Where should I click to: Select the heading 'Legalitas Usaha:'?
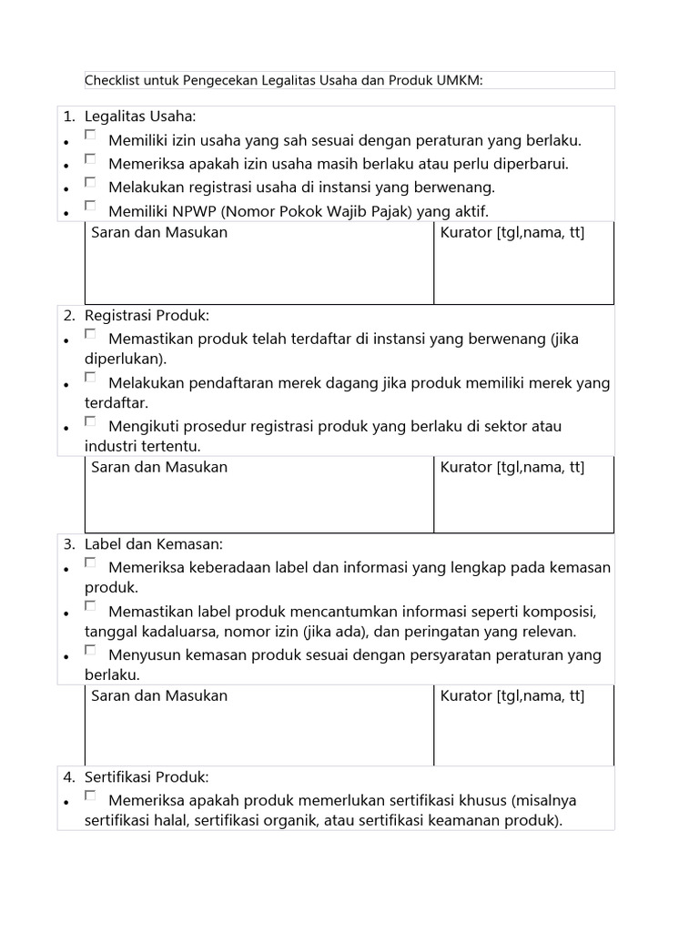[x=140, y=116]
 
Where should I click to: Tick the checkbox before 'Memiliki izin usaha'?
[x=90, y=135]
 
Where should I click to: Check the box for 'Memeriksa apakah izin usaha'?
[x=90, y=158]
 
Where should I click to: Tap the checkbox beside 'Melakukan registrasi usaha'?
[x=90, y=182]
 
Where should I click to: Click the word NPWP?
[x=189, y=211]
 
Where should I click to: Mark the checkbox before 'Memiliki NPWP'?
[x=90, y=206]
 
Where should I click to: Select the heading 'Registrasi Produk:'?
[x=147, y=316]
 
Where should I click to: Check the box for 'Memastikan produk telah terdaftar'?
[x=90, y=334]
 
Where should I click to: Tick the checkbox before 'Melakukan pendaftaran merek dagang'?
[x=90, y=377]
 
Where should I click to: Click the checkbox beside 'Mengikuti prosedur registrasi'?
[x=90, y=421]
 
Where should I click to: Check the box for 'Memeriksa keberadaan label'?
[x=90, y=562]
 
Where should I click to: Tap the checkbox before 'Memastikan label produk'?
[x=90, y=605]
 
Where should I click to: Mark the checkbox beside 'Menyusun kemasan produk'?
[x=90, y=650]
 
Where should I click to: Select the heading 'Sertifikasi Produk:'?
[x=147, y=777]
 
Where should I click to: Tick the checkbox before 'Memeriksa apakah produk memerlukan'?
[x=90, y=795]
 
